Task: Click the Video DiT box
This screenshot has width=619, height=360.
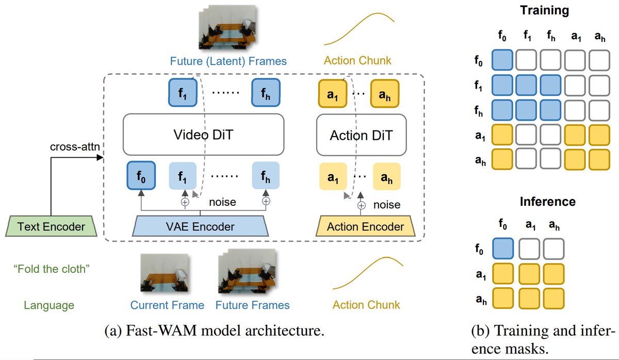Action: [203, 135]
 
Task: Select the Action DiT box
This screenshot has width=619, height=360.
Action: [361, 135]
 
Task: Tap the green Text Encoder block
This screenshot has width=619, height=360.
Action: [51, 226]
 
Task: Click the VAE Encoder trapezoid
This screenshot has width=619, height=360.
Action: [200, 226]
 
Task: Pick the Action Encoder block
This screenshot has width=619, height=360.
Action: [365, 226]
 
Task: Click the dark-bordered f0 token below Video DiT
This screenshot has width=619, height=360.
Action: [141, 175]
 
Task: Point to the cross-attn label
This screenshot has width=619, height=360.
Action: [75, 146]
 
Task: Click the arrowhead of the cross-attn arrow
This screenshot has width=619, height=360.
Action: [100, 157]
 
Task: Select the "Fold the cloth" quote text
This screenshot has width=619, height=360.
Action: [52, 269]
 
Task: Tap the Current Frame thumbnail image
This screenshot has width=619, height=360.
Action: [165, 273]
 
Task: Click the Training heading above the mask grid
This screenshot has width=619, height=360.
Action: [544, 10]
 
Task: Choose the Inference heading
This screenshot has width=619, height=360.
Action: [548, 202]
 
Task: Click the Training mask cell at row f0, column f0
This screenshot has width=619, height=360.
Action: [502, 60]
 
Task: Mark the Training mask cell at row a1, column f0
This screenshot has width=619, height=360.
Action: [502, 135]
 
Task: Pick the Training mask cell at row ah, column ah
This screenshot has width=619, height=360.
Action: [599, 159]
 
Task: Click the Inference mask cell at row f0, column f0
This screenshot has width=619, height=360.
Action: [503, 249]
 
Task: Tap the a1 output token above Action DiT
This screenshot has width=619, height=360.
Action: [332, 94]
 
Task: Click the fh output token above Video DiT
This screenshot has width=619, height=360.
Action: [266, 92]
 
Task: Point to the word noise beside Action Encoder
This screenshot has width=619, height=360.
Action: [387, 205]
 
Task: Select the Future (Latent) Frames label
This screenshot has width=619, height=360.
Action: [228, 61]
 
